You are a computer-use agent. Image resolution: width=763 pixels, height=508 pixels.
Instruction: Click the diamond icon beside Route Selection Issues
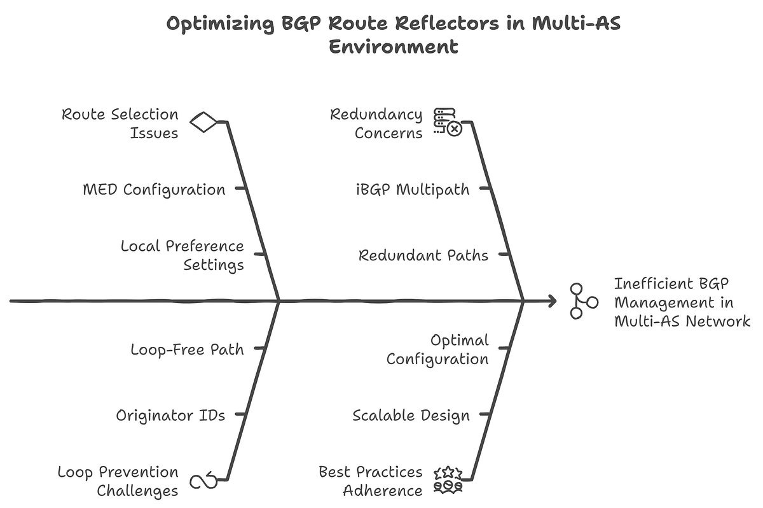(203, 122)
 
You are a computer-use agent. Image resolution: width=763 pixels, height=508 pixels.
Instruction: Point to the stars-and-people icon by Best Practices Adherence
(448, 481)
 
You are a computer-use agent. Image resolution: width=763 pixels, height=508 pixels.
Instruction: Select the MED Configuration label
(154, 189)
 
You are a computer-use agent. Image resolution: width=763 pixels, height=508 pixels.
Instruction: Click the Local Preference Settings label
(182, 255)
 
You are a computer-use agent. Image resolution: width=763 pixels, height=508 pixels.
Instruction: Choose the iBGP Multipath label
(413, 189)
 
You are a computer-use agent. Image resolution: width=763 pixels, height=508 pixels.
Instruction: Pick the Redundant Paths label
(423, 255)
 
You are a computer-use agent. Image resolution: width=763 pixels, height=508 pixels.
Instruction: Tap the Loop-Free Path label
(187, 349)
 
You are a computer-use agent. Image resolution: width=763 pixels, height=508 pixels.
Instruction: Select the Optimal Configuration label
(437, 349)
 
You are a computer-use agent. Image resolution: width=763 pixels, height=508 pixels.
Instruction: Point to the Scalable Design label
(411, 415)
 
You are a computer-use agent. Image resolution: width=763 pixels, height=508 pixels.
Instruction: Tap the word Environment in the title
(394, 46)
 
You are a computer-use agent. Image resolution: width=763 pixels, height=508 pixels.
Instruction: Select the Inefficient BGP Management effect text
(682, 302)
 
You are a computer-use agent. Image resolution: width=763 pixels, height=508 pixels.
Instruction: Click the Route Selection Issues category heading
(120, 123)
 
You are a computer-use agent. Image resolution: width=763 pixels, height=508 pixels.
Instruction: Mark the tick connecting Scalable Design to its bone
(485, 414)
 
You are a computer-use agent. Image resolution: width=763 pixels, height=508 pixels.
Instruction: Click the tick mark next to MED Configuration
(240, 188)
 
